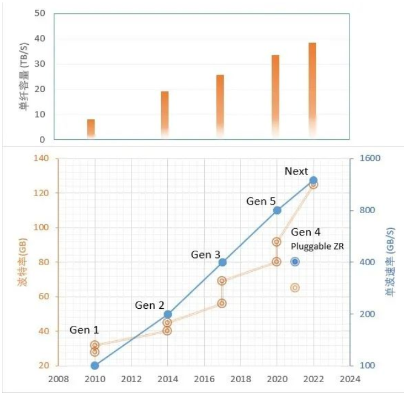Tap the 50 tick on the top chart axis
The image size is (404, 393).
point(41,13)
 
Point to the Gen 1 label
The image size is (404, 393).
point(84,330)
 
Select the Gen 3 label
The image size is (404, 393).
point(205,255)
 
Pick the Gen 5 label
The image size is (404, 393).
point(261,201)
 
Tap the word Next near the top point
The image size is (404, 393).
point(296,171)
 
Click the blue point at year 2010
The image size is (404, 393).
point(94,365)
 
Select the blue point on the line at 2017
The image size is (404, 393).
point(222,262)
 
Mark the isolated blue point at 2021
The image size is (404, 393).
point(295,262)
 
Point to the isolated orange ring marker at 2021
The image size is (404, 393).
point(295,288)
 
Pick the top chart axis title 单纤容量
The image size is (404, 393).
point(24,76)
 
